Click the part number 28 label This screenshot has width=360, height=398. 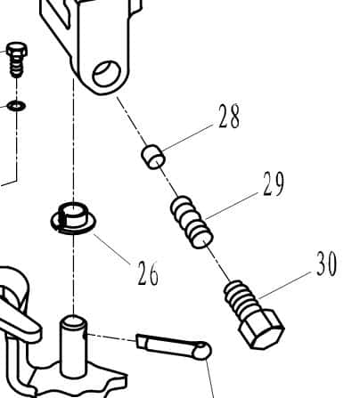(x=229, y=117)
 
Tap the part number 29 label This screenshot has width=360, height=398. (x=274, y=183)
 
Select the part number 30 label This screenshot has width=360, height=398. (x=326, y=264)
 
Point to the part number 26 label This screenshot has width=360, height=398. (x=148, y=273)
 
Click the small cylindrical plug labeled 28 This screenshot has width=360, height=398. (x=153, y=158)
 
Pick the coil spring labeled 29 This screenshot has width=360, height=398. (x=192, y=223)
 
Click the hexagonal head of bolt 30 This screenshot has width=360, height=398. (x=261, y=329)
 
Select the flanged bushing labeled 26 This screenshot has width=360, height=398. (x=73, y=219)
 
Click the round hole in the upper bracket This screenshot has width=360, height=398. (x=107, y=74)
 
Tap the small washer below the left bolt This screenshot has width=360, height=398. (x=16, y=105)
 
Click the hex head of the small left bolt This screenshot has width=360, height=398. (x=17, y=50)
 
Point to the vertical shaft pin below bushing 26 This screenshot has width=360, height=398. (x=73, y=345)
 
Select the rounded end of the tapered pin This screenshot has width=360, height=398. (x=203, y=351)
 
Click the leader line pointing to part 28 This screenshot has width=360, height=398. (x=188, y=137)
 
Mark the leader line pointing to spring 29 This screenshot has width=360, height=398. (x=232, y=206)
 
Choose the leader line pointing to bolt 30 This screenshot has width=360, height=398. (x=285, y=285)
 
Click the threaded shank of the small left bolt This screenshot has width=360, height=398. (x=16, y=67)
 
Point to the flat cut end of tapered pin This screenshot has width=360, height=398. (x=142, y=341)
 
